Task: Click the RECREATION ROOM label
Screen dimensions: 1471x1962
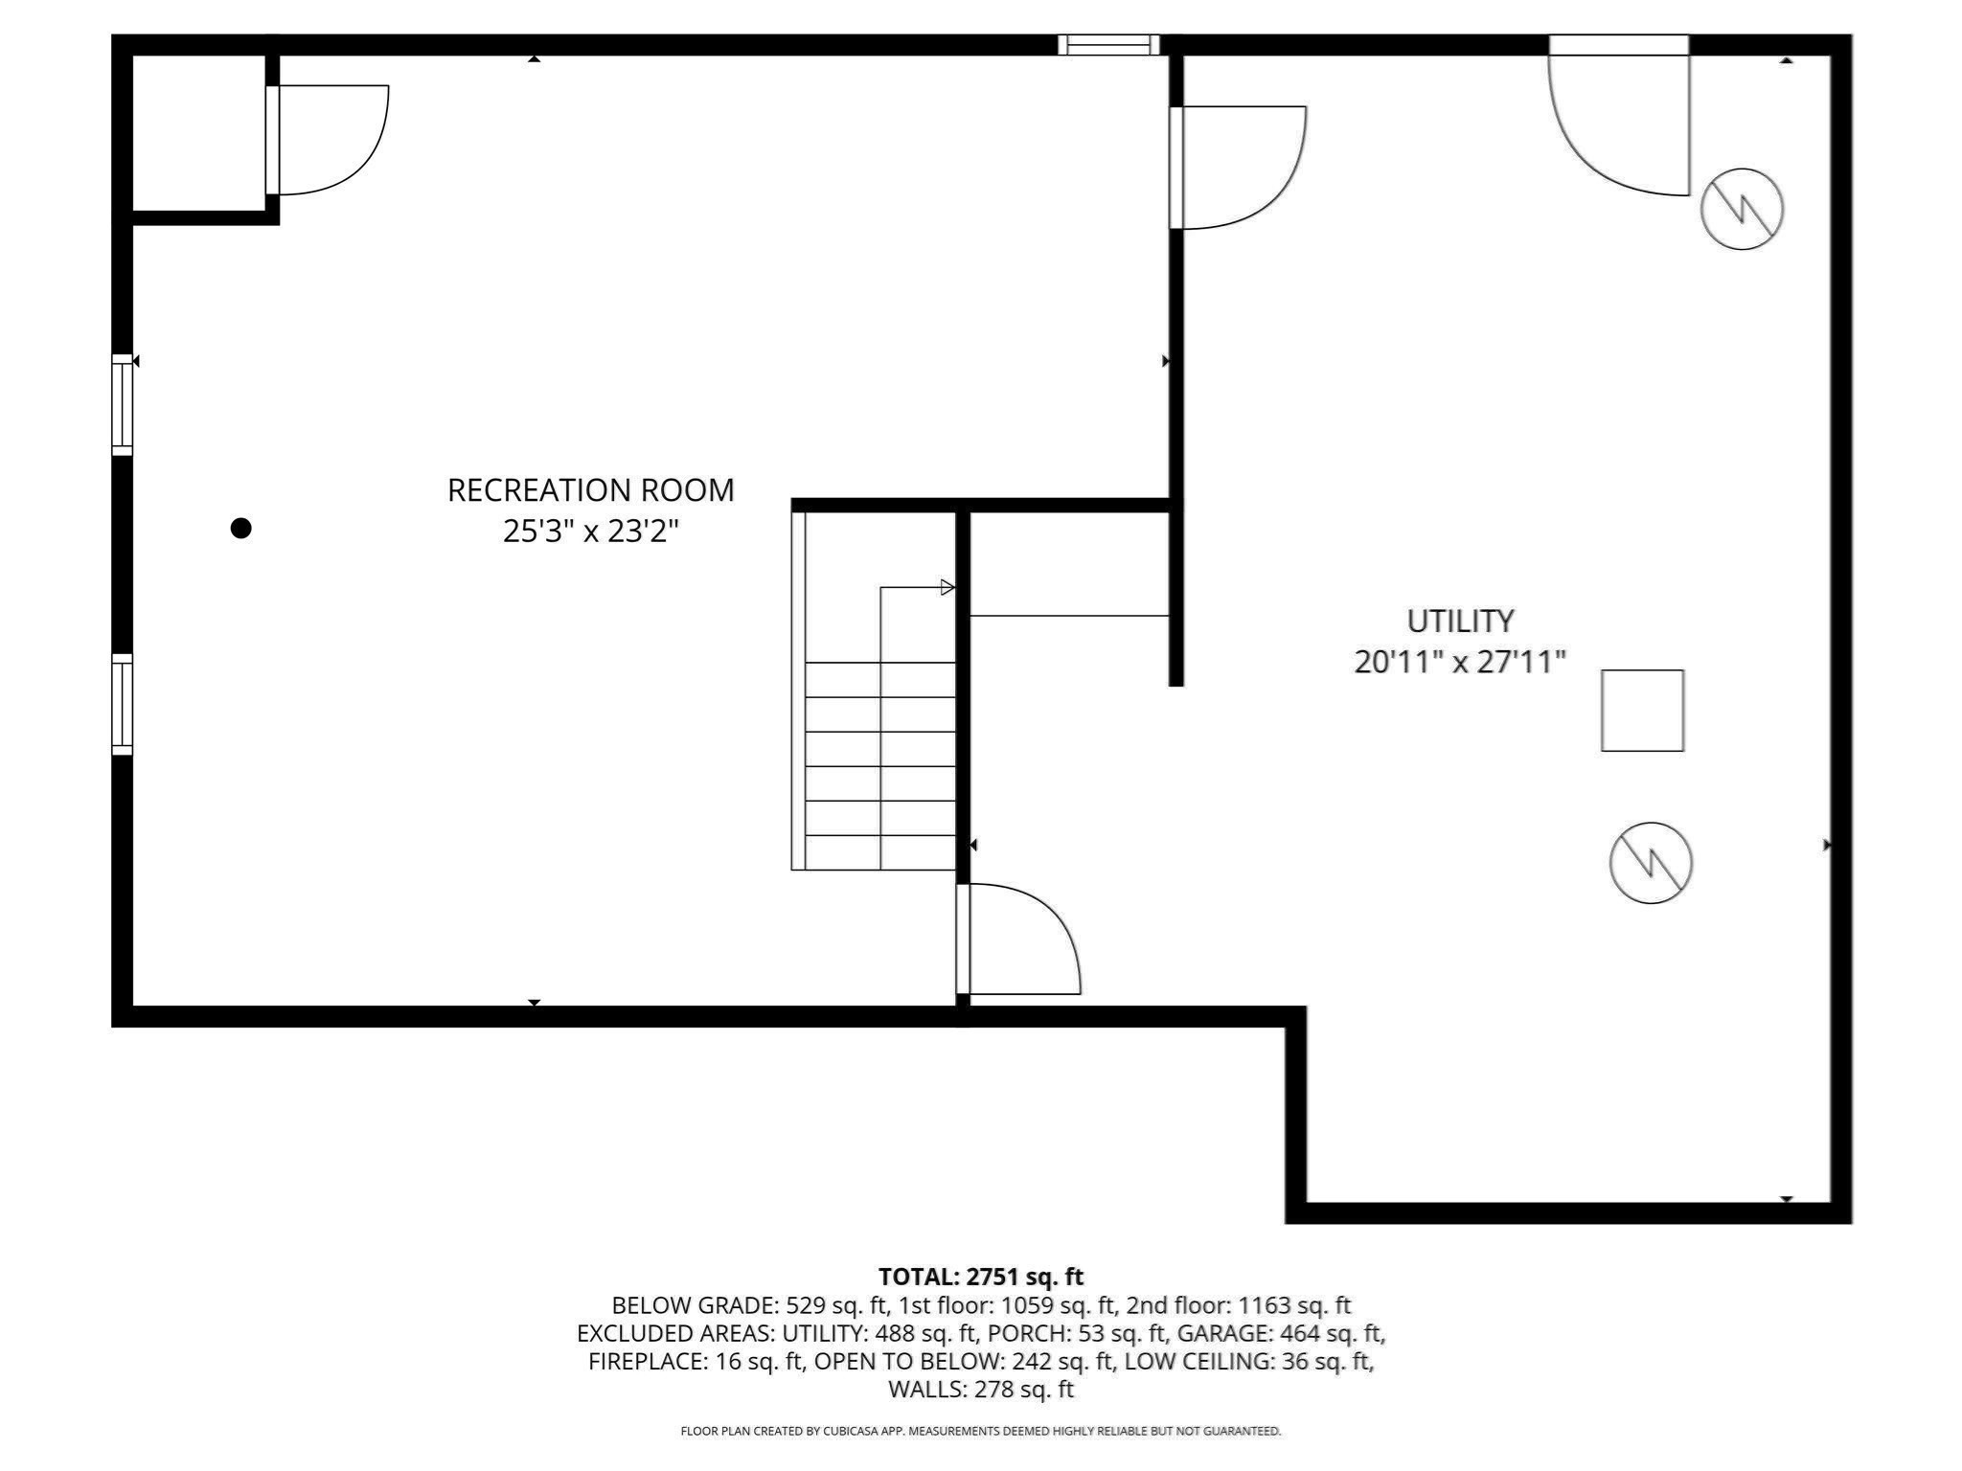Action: point(590,490)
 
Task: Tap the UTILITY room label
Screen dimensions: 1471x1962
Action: point(1460,622)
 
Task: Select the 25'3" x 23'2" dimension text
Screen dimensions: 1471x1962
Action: point(590,532)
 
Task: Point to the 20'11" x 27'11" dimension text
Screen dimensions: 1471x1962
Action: point(1460,662)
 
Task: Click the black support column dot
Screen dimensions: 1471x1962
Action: point(241,528)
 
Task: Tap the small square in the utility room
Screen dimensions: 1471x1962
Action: point(1642,711)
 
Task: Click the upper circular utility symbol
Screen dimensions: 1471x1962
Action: point(1742,209)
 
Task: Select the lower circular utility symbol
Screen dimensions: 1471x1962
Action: point(1651,863)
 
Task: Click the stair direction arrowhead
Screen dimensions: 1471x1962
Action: point(947,587)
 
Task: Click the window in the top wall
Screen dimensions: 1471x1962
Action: point(1108,45)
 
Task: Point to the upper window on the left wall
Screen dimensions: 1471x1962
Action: point(122,404)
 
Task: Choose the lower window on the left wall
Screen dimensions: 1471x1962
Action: point(122,704)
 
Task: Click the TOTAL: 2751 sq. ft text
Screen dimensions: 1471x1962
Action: point(981,1277)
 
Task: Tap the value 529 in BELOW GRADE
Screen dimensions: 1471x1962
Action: point(803,1305)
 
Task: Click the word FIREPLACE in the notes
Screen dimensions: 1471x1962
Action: point(647,1361)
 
